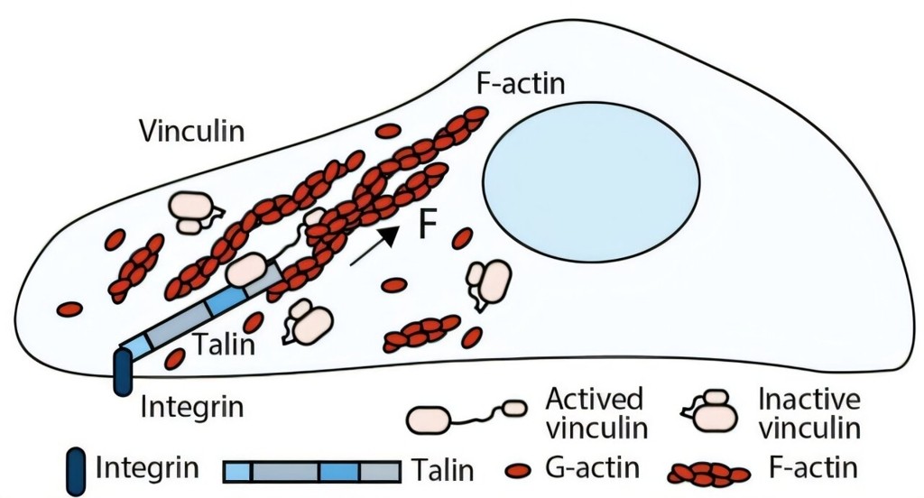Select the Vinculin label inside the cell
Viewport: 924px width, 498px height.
point(191,131)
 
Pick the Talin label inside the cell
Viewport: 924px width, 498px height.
point(225,344)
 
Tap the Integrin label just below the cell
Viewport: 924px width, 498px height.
point(192,406)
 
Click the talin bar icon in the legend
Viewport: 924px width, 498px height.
point(312,470)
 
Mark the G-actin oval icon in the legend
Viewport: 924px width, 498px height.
point(518,470)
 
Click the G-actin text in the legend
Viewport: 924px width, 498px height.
point(593,468)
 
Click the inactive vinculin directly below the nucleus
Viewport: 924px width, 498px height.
point(487,283)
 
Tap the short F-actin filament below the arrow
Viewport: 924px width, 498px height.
point(423,334)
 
